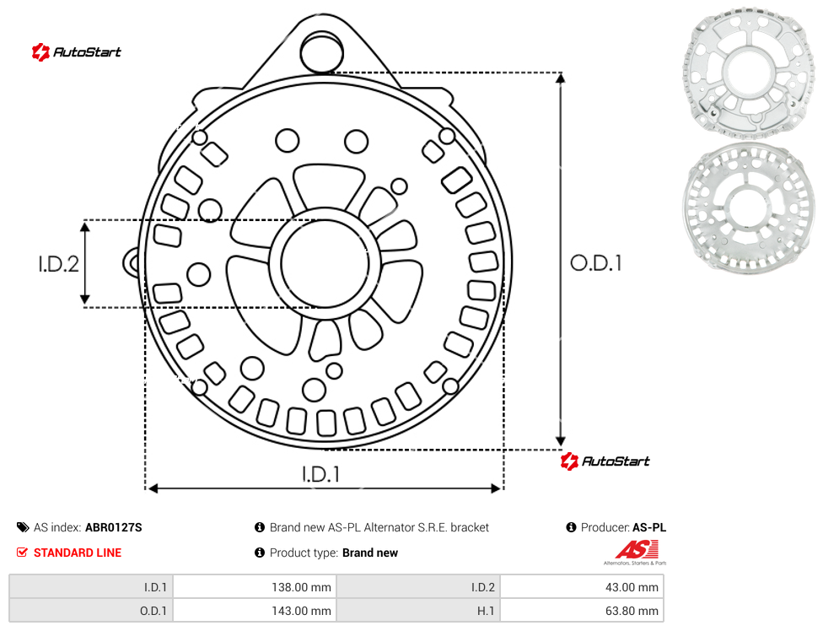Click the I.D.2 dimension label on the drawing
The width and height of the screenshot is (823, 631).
tap(59, 263)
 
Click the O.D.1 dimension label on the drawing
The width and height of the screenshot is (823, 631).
tap(596, 263)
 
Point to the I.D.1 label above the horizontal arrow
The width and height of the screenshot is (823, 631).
tap(320, 474)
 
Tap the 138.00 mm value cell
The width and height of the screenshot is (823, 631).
tap(256, 587)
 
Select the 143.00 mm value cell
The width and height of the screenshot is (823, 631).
tap(256, 611)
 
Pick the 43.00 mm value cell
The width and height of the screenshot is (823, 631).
tap(582, 587)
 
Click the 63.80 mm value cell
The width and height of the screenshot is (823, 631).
tap(582, 611)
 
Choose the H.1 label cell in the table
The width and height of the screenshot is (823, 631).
tap(418, 611)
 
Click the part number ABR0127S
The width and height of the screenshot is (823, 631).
tap(113, 527)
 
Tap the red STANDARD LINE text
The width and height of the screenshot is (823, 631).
tap(78, 553)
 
